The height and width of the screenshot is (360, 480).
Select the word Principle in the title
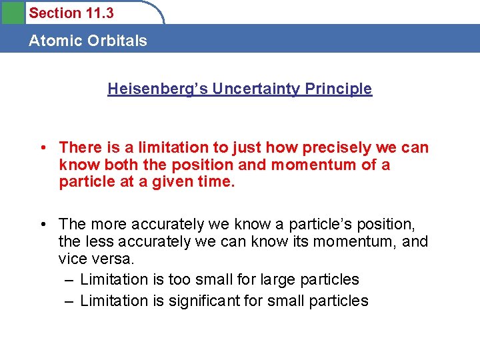(341, 89)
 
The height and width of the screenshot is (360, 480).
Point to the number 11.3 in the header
(99, 13)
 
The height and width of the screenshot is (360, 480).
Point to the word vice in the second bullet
(73, 258)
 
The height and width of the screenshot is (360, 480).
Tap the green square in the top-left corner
(12, 12)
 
